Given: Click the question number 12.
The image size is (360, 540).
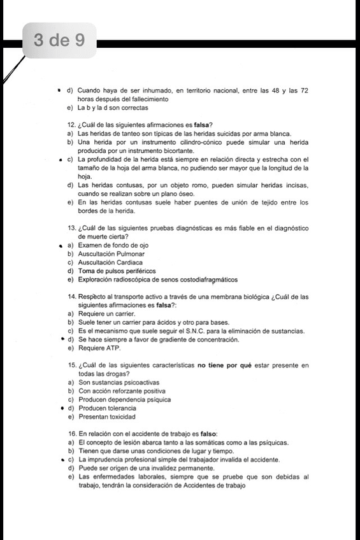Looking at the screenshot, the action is point(71,124).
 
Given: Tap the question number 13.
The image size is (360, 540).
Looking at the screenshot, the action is point(71,228).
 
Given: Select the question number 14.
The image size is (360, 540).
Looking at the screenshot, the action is point(71,296).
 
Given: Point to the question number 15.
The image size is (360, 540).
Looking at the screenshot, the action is point(71,365).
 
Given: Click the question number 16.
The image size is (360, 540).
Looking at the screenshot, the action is point(71,434).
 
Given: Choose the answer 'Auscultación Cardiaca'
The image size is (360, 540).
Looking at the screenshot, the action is point(110,262).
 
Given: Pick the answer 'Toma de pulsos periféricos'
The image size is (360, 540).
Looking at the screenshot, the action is point(117,271).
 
